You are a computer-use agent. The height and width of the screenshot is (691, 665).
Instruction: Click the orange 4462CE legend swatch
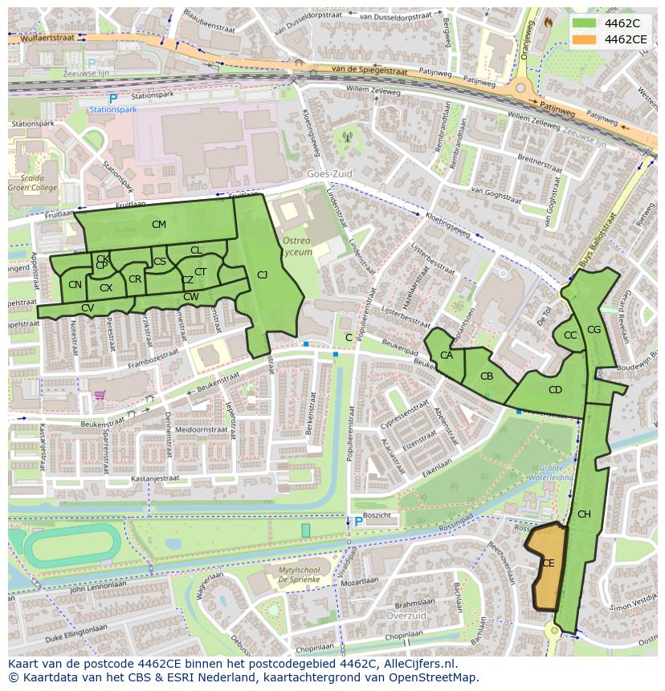585,39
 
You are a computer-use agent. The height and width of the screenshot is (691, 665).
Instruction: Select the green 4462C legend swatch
585,23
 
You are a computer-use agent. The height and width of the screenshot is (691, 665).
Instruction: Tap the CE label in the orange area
548,563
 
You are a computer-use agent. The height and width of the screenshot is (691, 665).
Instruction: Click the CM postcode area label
159,225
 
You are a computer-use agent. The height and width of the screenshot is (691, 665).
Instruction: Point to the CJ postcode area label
262,275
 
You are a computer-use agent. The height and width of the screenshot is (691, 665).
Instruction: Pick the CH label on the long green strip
584,514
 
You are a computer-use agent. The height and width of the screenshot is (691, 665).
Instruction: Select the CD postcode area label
555,390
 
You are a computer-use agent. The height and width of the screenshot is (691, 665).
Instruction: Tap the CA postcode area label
447,356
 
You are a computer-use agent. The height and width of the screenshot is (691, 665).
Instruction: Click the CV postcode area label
88,308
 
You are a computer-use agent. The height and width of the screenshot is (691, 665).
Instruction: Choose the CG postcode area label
594,330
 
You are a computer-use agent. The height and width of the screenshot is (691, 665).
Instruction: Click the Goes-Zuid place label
329,173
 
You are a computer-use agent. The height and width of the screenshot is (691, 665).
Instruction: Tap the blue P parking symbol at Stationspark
113,99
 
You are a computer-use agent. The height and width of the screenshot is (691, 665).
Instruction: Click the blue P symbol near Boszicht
358,522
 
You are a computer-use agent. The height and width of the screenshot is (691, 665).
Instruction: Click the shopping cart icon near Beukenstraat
100,395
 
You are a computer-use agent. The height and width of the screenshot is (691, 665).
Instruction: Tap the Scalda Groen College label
32,183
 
